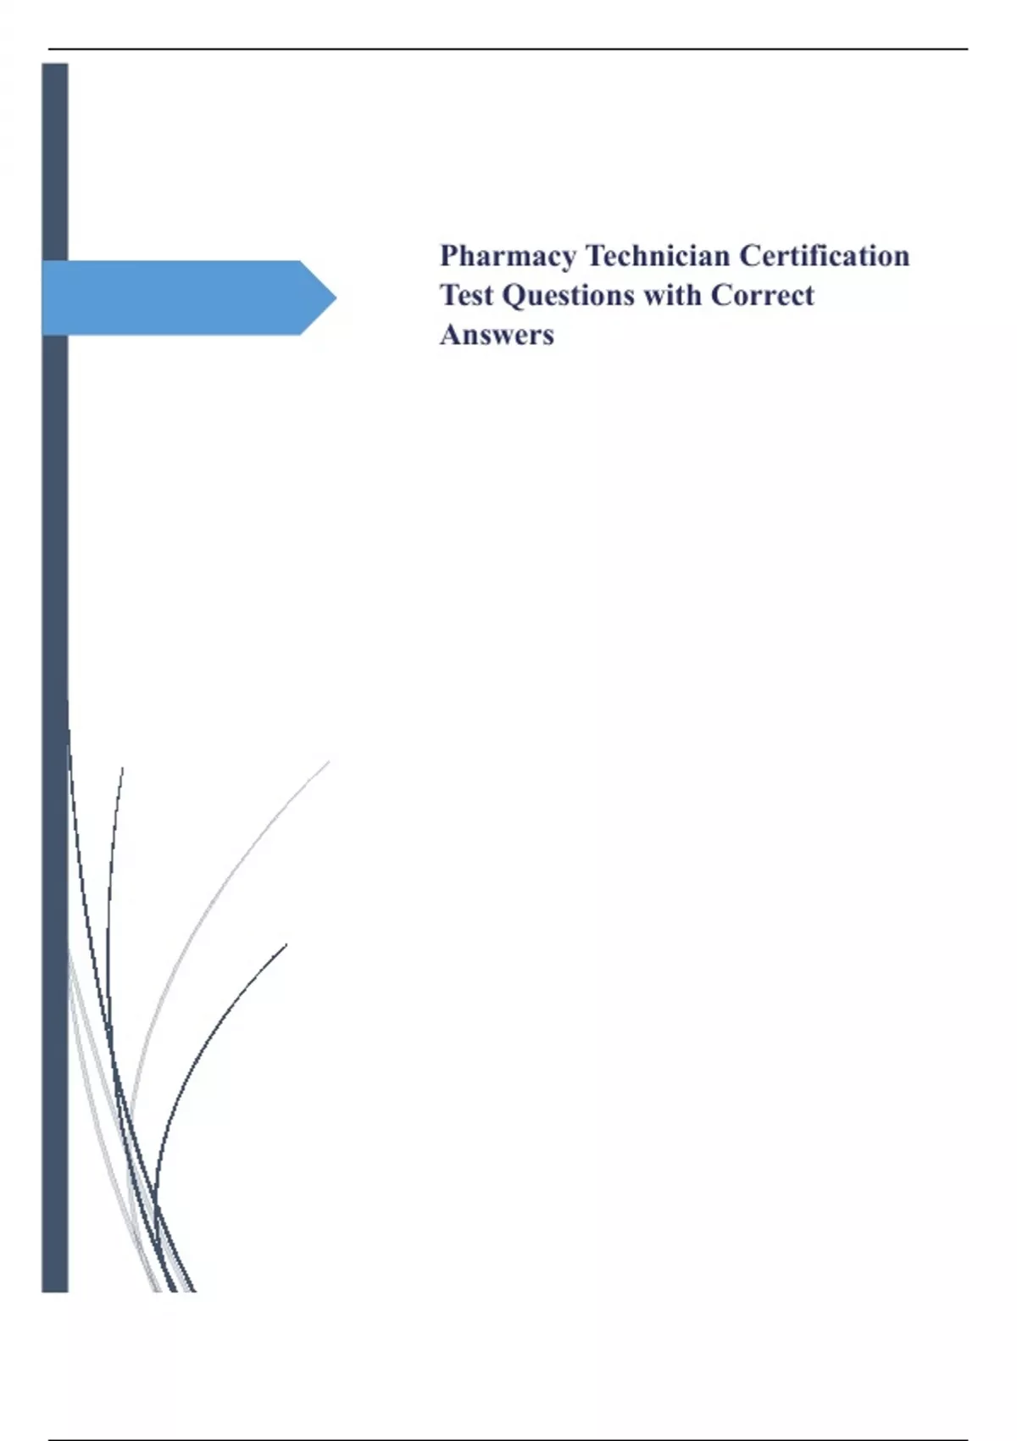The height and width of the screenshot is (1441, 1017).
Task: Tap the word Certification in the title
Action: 824,256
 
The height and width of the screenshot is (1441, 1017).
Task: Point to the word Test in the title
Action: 466,295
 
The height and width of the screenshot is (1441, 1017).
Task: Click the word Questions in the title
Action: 568,296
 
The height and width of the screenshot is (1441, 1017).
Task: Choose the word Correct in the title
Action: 762,295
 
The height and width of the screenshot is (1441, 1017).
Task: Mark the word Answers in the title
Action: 497,335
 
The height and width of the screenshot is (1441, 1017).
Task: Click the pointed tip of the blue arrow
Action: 335,298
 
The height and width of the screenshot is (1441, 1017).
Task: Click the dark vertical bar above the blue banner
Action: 55,161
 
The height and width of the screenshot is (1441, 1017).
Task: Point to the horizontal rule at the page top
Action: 508,49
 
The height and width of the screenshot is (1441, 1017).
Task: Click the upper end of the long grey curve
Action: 328,763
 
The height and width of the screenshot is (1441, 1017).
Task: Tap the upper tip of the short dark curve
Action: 286,944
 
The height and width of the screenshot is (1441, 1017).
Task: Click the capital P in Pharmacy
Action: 449,256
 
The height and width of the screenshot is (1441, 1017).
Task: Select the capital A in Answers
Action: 451,335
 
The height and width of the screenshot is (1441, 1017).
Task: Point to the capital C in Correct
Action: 722,295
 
